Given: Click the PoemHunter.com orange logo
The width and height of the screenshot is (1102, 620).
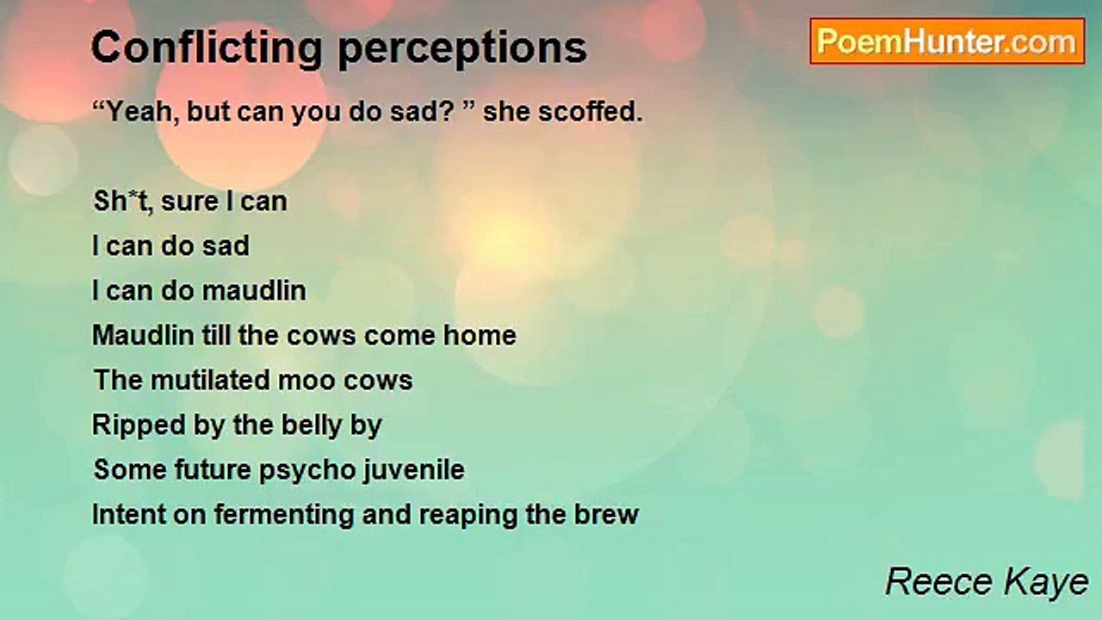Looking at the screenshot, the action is (x=947, y=41).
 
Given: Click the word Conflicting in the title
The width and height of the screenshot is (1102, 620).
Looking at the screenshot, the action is (x=207, y=48).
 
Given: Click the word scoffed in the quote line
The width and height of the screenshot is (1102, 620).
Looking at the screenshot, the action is (x=591, y=111).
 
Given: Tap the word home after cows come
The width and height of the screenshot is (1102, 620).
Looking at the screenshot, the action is (x=480, y=336).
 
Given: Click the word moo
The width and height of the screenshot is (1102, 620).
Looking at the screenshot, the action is (x=306, y=381).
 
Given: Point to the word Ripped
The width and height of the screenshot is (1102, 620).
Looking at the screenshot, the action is (x=139, y=426).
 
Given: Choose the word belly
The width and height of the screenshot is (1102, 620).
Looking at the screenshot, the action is (x=312, y=426).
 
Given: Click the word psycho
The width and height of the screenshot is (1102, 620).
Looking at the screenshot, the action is (x=307, y=471).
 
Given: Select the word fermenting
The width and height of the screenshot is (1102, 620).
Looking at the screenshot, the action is (x=283, y=516).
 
